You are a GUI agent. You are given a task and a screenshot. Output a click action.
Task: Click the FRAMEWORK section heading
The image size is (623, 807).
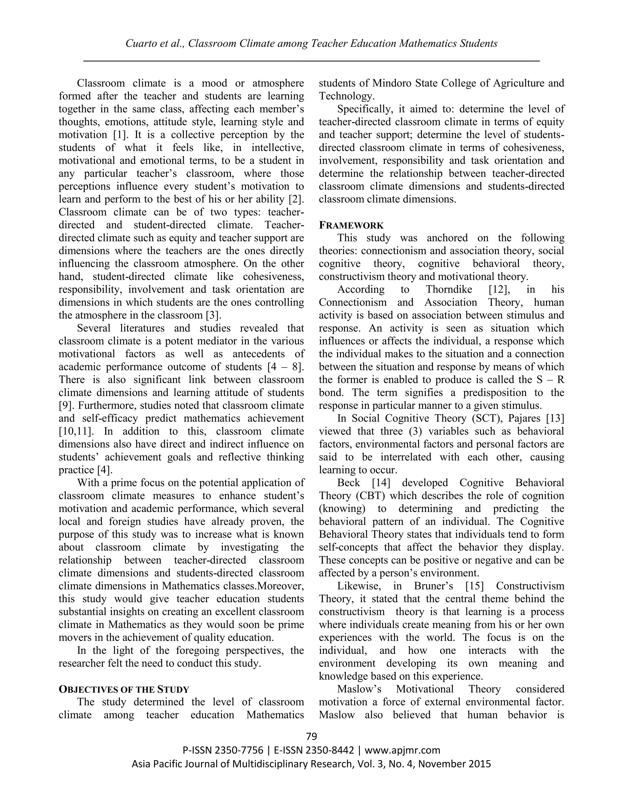point(351,225)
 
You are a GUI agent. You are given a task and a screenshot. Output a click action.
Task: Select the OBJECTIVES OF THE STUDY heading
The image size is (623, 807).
point(124,689)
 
